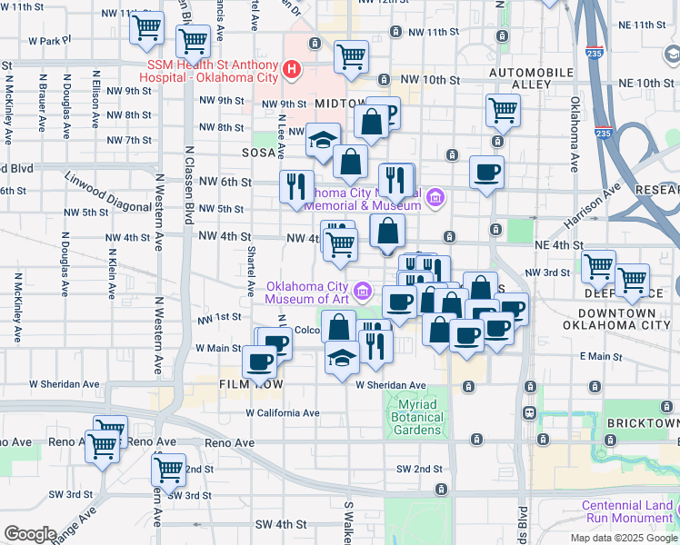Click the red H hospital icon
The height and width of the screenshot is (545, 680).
(291, 68)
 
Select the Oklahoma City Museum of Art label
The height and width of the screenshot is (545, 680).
(307, 292)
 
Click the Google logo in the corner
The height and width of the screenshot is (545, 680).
(29, 533)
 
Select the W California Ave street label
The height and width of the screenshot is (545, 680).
(283, 412)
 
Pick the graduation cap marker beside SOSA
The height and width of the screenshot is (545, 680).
(322, 141)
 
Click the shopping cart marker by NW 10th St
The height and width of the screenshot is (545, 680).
(351, 57)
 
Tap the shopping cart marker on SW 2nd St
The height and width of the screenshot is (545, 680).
(168, 471)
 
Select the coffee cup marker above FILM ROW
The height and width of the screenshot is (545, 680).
(259, 362)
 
